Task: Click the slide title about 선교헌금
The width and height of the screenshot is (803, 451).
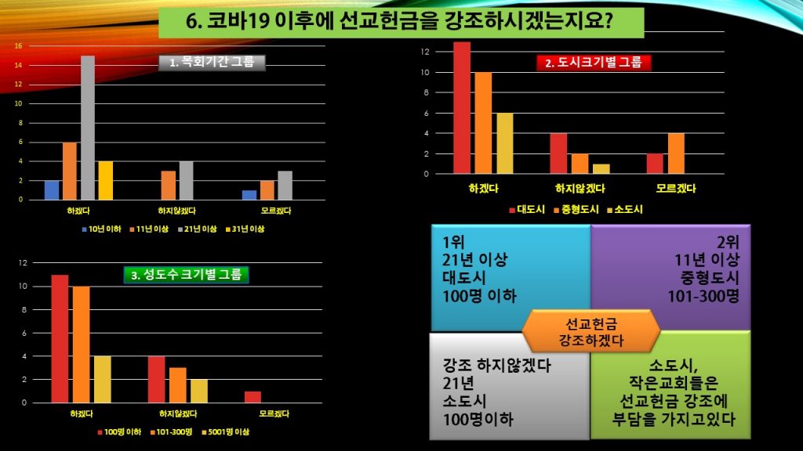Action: [401, 22]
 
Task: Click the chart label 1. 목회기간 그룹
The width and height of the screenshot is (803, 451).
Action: [213, 63]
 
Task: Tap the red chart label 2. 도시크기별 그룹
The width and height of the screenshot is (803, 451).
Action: [594, 63]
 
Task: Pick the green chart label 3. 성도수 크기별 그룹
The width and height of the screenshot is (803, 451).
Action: [187, 274]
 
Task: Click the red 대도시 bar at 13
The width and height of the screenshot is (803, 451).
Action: [462, 107]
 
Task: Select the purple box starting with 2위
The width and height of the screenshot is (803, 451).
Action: [670, 278]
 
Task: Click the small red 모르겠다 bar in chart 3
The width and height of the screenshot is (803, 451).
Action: [253, 397]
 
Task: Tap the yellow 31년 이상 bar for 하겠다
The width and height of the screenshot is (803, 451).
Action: [106, 180]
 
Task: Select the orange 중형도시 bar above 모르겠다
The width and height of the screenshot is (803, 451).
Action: [677, 153]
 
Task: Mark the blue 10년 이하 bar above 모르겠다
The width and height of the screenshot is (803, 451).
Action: [249, 195]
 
